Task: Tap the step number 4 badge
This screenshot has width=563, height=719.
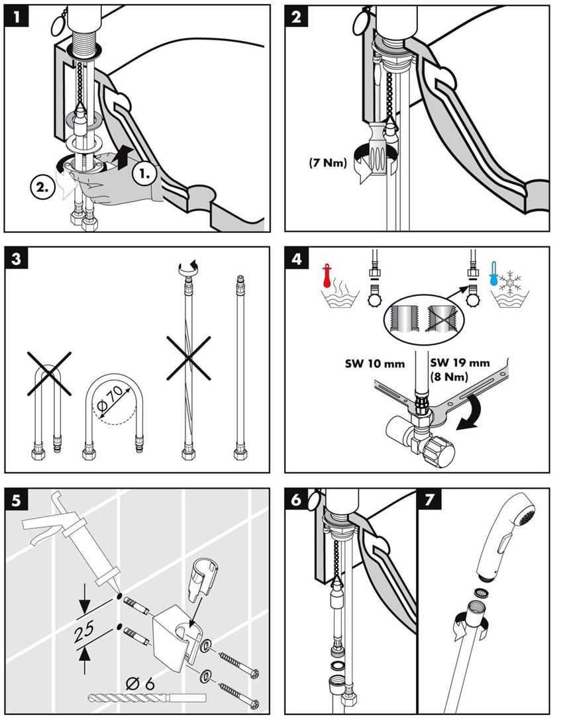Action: (297, 258)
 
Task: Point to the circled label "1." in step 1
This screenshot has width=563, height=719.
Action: (144, 174)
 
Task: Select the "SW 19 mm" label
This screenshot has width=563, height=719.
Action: (459, 363)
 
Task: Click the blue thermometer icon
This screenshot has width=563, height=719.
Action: (493, 272)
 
